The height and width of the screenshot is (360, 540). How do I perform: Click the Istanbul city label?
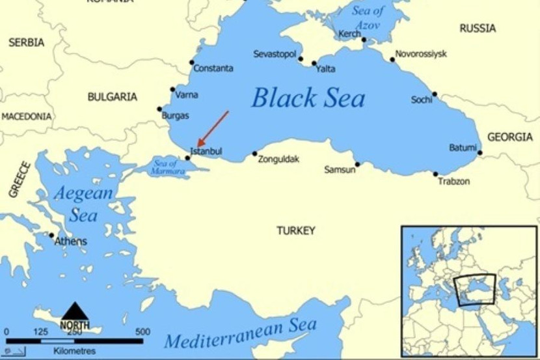(206, 151)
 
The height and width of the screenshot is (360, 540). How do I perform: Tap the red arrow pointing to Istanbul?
(213, 128)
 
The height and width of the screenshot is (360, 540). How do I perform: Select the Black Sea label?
(308, 98)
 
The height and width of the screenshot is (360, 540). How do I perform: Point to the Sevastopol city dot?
(301, 59)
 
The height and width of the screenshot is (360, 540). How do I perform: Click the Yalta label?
(325, 68)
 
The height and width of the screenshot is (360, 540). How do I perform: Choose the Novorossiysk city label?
(421, 53)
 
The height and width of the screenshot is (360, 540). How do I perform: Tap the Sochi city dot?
(435, 94)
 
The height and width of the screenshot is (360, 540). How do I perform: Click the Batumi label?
(463, 148)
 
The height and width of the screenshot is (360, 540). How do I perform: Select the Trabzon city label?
(453, 181)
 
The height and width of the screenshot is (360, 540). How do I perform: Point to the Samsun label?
(340, 169)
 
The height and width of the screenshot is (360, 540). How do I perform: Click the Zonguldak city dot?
(254, 154)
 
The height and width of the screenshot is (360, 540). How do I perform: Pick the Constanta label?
(213, 68)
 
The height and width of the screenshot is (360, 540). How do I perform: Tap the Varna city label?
(187, 94)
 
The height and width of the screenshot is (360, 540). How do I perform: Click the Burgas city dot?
(159, 109)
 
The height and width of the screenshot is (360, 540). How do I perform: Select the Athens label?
(70, 242)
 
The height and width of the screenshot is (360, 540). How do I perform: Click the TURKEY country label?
(295, 230)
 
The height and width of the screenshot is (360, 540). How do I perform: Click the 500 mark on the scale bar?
(142, 332)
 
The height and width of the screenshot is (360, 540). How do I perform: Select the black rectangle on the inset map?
(474, 290)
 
